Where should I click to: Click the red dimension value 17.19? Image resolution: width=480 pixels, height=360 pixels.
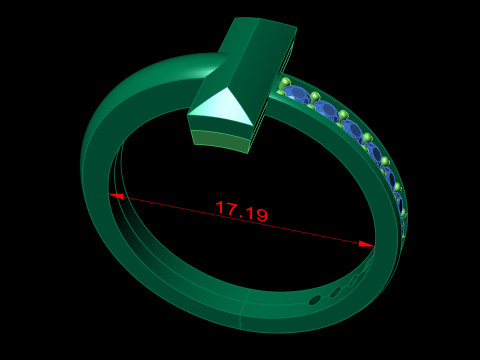(x=241, y=211)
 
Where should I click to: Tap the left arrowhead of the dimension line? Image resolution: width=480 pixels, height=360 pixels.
(x=118, y=196)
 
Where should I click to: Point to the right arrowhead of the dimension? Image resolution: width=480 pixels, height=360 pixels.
(x=366, y=243)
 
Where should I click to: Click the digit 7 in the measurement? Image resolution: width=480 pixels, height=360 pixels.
(x=232, y=209)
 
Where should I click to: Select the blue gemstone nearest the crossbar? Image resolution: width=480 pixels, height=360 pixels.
(x=296, y=94)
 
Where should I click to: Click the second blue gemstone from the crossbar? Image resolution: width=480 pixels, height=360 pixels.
(x=326, y=109)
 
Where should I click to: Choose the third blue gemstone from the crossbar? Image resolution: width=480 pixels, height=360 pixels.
(x=351, y=128)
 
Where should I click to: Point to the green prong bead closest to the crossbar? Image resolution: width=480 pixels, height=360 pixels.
(x=285, y=82)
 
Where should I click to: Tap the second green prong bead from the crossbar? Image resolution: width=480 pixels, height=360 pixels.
(x=314, y=97)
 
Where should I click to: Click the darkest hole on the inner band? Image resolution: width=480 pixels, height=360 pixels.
(x=315, y=299)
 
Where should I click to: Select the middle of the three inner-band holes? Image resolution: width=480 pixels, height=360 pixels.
(x=336, y=292)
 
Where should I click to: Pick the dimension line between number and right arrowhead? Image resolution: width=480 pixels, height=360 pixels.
(x=320, y=234)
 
